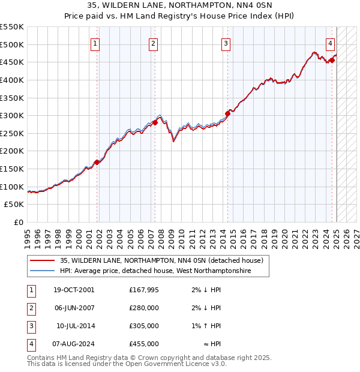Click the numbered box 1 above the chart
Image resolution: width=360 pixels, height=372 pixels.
[x=95, y=43]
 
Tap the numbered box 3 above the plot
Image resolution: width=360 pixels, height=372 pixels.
[x=226, y=43]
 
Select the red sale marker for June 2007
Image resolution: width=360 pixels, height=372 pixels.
[x=155, y=122]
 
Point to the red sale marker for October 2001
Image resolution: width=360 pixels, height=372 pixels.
[x=97, y=162]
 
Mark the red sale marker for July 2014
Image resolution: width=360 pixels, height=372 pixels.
[x=227, y=113]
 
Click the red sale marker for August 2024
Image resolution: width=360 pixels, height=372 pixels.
[x=332, y=60]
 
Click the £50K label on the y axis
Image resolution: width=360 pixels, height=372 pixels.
[x=14, y=205]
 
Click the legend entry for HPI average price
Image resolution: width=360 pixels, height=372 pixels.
[x=155, y=271]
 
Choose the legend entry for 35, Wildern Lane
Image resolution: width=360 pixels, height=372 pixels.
[x=161, y=261]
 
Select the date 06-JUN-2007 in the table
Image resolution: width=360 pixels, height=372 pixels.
[x=74, y=308]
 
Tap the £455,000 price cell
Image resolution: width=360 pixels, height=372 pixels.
[x=143, y=344]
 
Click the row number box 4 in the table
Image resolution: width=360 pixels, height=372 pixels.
[x=30, y=344]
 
